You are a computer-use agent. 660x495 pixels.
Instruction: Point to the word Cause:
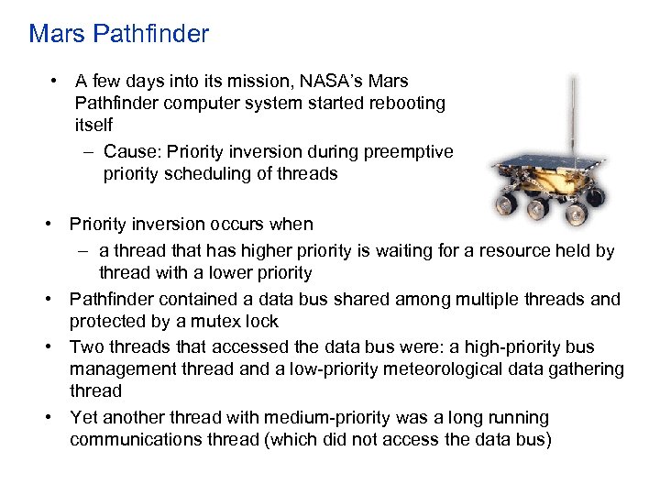[x=131, y=150]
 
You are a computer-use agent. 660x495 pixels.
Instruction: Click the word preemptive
[x=411, y=150]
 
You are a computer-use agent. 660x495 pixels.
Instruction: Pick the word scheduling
[x=197, y=174]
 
